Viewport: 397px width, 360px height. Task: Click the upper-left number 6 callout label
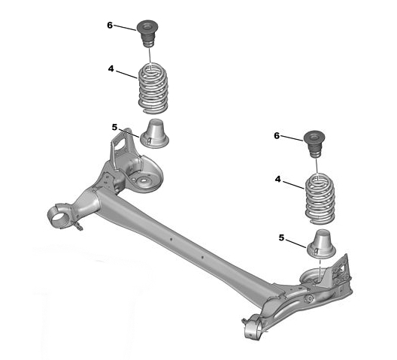pos(110,25)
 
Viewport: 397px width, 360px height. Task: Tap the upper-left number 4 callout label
pos(111,68)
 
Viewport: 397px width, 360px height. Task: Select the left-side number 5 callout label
pos(115,127)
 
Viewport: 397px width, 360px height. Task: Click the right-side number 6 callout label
pos(277,136)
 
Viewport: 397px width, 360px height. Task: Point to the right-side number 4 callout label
pos(278,179)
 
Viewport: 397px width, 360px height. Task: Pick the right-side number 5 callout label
pos(281,237)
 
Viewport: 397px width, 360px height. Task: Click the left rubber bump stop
pos(147,33)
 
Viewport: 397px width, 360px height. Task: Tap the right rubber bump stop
pos(314,144)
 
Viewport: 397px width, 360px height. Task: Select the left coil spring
pos(153,88)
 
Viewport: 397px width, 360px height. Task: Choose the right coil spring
pos(320,198)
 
